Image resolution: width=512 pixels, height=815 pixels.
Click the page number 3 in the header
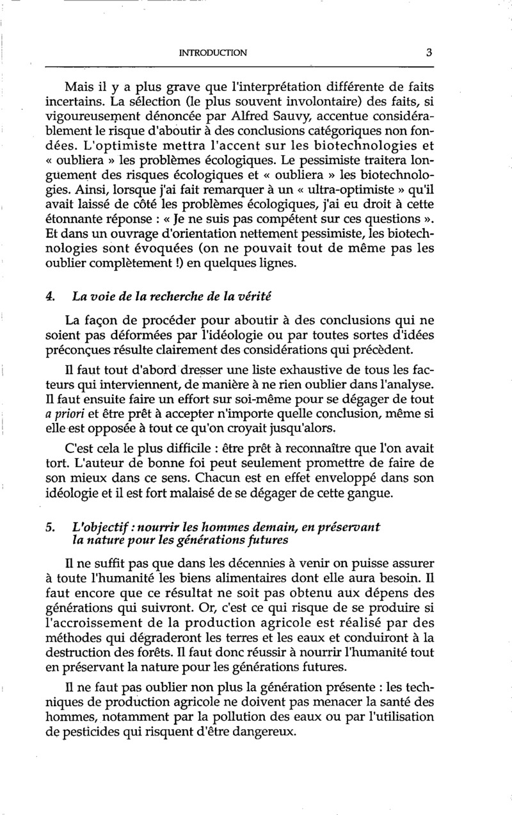click(429, 53)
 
